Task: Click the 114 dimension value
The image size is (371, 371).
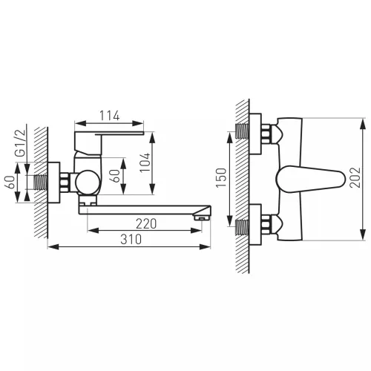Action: click(110, 116)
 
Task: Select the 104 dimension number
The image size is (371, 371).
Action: click(145, 162)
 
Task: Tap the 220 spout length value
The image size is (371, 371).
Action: click(146, 224)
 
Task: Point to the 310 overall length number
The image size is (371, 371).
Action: click(131, 239)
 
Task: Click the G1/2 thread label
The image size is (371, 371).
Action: click(20, 142)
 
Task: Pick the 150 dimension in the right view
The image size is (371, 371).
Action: click(221, 177)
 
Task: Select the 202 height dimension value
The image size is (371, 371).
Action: click(355, 177)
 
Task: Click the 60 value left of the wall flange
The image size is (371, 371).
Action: click(10, 183)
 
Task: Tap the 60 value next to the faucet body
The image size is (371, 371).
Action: click(116, 176)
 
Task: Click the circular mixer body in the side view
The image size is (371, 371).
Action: click(87, 183)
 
